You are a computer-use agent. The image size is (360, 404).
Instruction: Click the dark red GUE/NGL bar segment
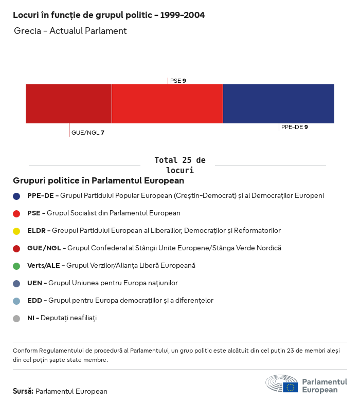click(x=68, y=104)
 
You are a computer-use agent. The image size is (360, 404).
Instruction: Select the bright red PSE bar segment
click(x=167, y=104)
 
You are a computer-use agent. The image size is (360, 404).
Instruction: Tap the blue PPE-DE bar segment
click(x=278, y=104)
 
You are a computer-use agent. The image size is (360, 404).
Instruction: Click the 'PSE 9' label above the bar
click(x=178, y=81)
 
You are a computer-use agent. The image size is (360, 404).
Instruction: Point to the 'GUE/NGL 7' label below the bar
click(x=87, y=133)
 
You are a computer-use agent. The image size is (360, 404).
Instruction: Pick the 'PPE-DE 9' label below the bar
click(x=294, y=127)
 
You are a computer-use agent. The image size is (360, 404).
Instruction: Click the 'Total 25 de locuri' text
click(x=179, y=165)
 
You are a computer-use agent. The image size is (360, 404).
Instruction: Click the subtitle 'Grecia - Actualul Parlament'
click(x=70, y=31)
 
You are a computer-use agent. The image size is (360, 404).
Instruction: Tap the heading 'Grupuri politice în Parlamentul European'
click(x=98, y=181)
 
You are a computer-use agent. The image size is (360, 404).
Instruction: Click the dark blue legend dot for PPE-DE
click(x=16, y=196)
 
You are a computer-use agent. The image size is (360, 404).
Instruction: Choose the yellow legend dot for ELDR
click(x=16, y=231)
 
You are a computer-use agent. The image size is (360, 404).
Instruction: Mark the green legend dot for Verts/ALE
click(x=16, y=266)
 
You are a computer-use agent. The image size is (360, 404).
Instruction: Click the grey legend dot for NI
click(x=16, y=318)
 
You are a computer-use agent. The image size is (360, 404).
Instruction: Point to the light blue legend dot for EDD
click(x=16, y=301)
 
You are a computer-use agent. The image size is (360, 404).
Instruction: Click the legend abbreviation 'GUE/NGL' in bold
click(x=45, y=248)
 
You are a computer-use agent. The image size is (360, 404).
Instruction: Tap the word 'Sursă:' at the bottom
click(x=23, y=391)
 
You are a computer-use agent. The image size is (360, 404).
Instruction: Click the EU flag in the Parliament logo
click(x=290, y=387)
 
